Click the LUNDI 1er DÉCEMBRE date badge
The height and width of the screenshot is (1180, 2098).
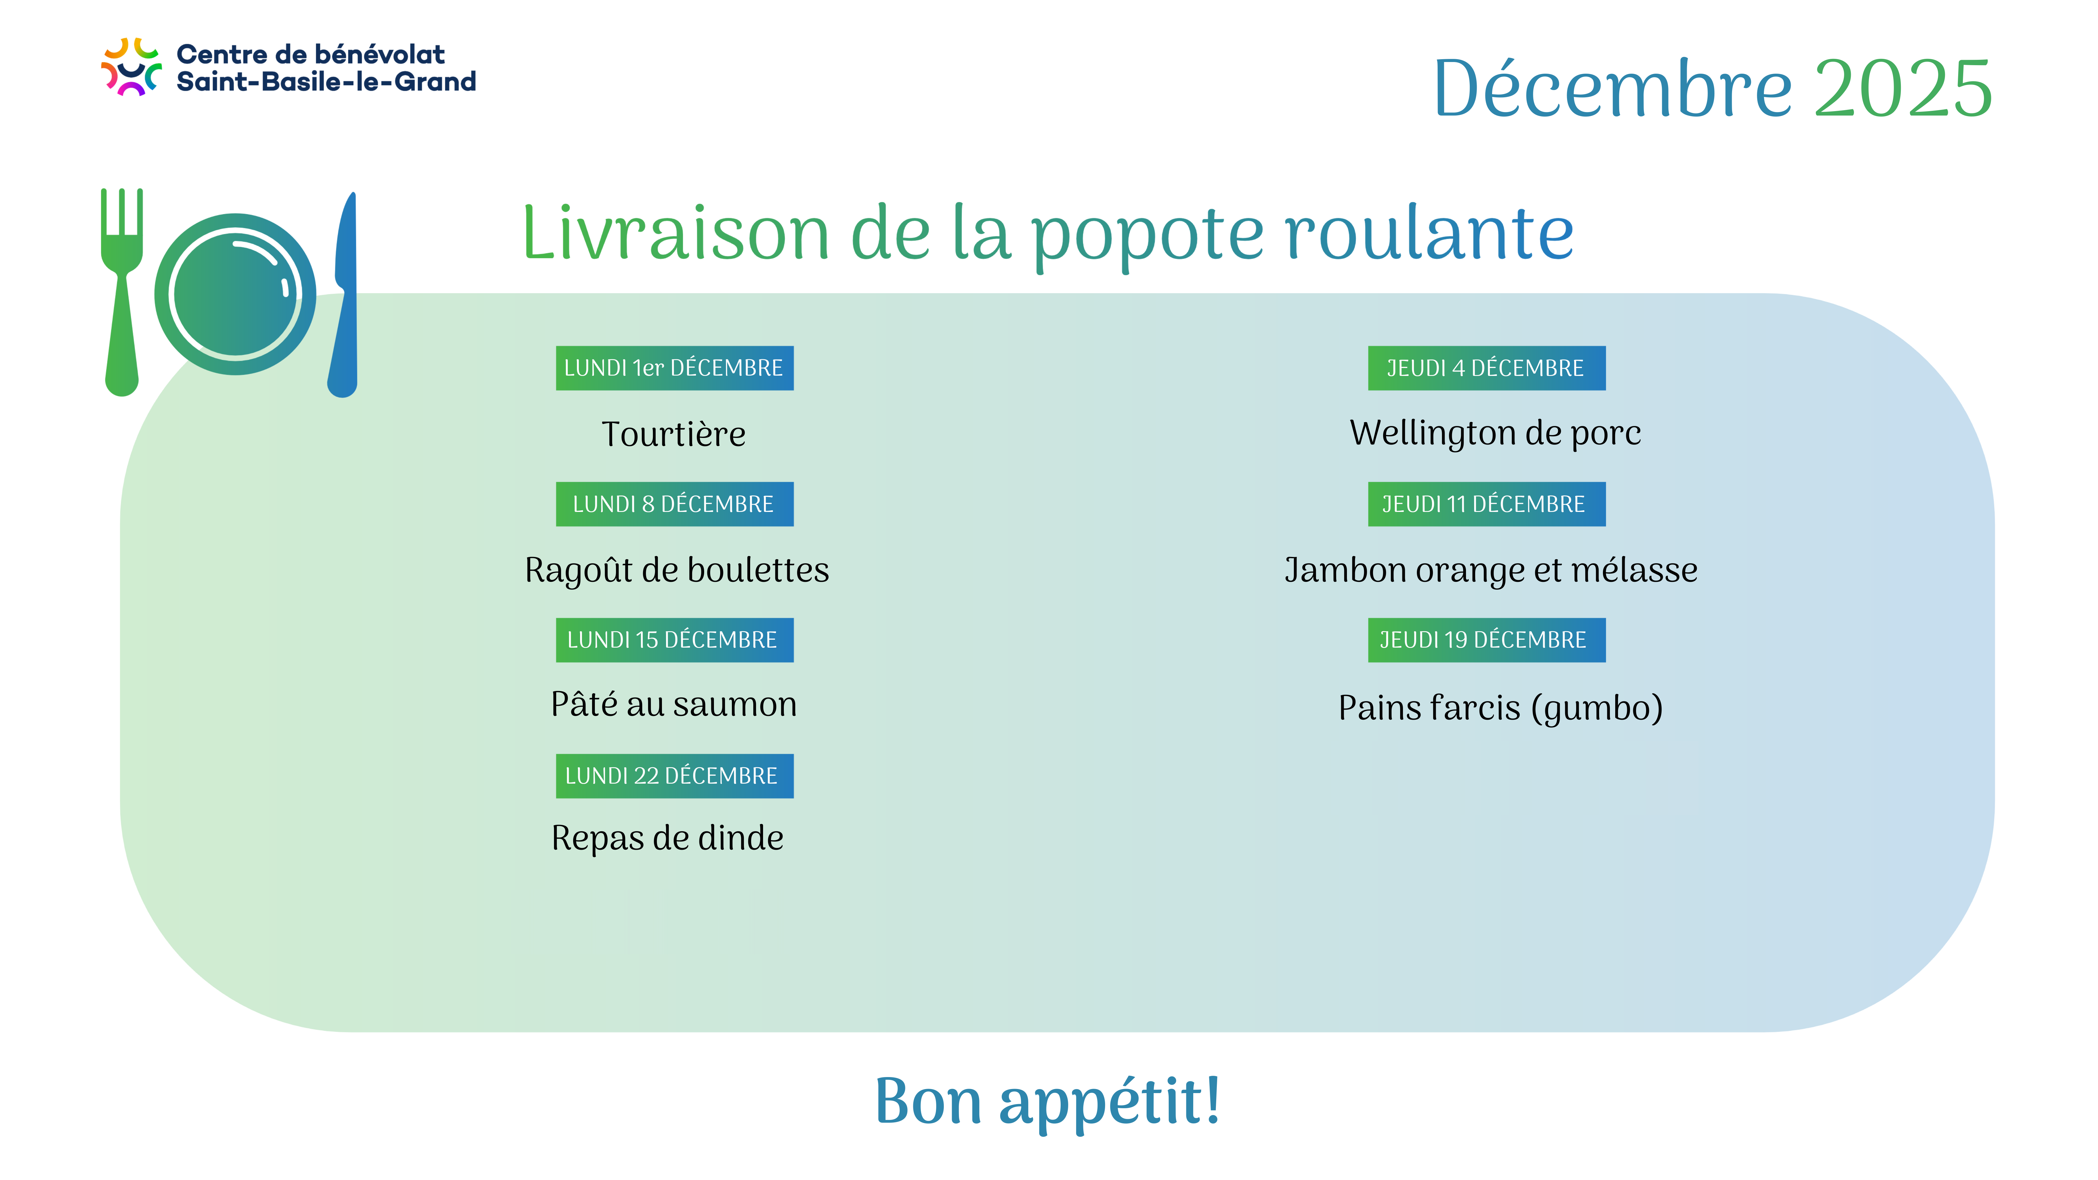(x=674, y=368)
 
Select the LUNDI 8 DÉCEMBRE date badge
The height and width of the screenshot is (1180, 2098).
(x=674, y=504)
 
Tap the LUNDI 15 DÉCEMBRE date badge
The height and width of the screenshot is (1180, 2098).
(x=674, y=640)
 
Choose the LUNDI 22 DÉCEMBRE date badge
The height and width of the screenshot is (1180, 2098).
(x=674, y=776)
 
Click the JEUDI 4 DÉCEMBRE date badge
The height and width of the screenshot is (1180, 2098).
(x=1486, y=368)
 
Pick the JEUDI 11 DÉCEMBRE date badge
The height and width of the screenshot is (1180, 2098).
(x=1486, y=504)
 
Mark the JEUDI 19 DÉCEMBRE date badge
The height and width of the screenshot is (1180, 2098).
(x=1486, y=640)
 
